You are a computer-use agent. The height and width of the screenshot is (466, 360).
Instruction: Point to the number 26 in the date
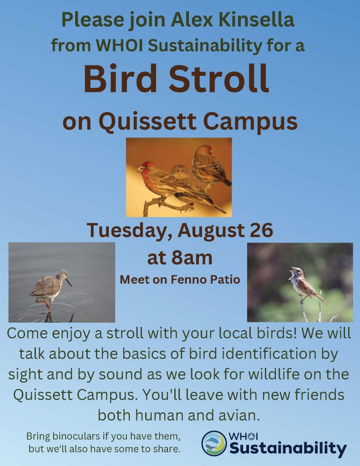coord(261,231)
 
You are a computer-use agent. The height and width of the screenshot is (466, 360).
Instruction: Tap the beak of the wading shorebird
coord(68,282)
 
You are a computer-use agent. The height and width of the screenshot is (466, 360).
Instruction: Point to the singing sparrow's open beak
coord(291,274)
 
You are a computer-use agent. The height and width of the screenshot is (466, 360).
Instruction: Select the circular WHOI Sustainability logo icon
coord(214,443)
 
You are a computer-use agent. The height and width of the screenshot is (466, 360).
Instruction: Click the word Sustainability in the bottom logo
coord(289,448)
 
